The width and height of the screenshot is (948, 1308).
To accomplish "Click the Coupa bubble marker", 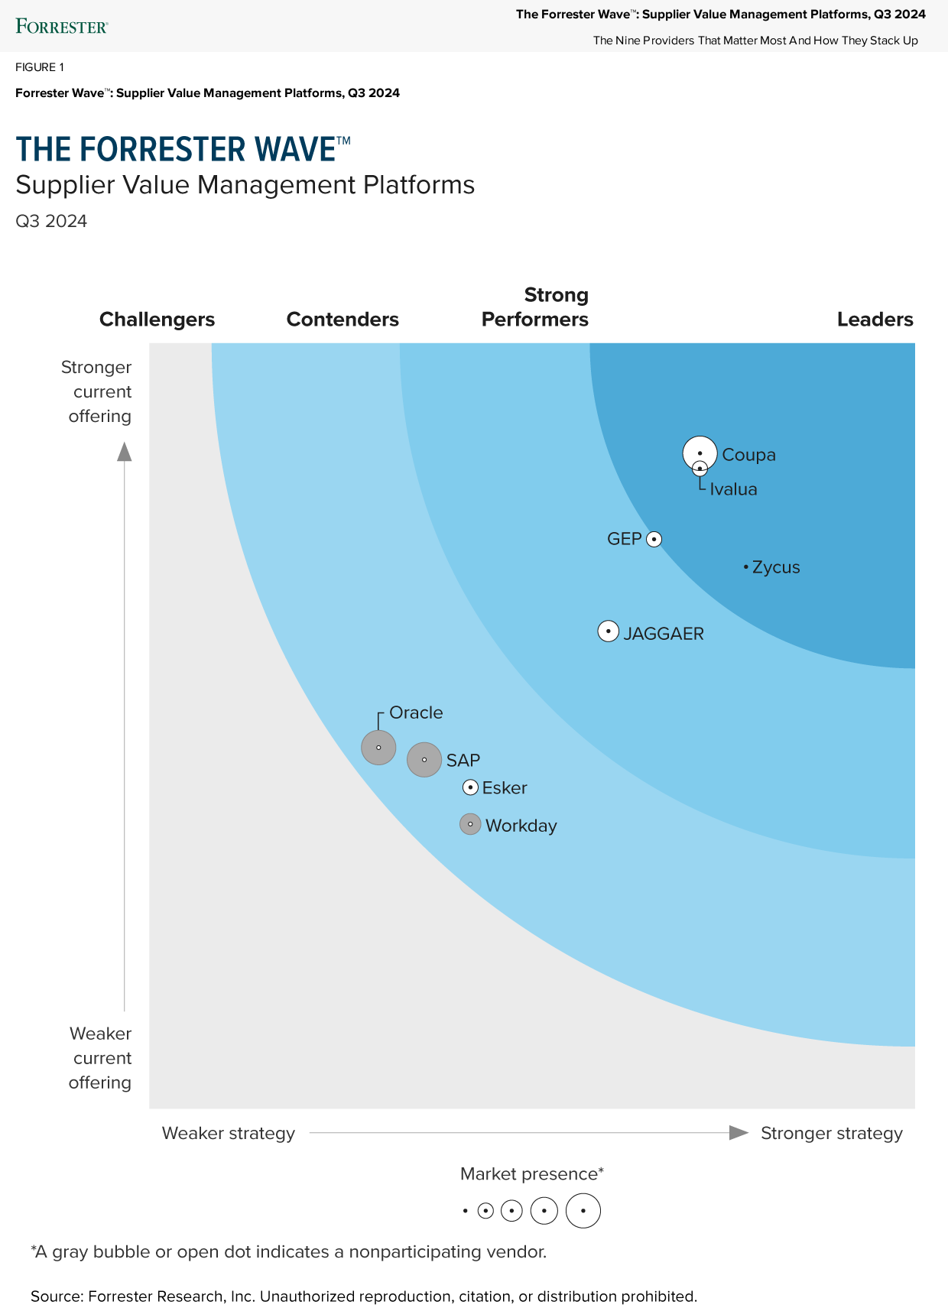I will [x=700, y=452].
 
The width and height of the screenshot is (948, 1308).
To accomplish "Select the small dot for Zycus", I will [x=745, y=567].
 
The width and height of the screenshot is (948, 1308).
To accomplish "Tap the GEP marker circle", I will [x=654, y=540].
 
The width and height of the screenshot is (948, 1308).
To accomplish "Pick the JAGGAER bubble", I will [x=608, y=631].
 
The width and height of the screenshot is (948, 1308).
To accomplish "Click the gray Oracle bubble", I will [x=378, y=747].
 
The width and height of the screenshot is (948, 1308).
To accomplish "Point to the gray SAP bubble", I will [x=424, y=760].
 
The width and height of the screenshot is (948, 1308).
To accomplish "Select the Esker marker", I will [x=471, y=787].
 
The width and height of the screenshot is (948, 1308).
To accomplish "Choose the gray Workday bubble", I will [x=470, y=824].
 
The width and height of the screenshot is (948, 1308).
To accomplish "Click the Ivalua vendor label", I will [x=733, y=489].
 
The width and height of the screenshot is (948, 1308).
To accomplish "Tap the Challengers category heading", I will [x=157, y=320].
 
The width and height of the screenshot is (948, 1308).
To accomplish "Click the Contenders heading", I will [x=343, y=320].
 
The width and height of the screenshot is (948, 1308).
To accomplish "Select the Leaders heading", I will [x=875, y=320].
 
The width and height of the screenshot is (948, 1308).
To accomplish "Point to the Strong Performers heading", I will [x=535, y=307].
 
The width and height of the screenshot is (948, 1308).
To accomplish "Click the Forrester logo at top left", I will [x=61, y=27].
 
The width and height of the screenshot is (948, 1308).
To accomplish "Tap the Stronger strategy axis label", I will [x=831, y=1133].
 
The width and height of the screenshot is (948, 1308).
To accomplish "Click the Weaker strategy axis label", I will [x=228, y=1133].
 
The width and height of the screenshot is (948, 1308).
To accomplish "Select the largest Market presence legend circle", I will [x=583, y=1211].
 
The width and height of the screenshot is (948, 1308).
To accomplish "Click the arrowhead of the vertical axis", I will [x=125, y=453].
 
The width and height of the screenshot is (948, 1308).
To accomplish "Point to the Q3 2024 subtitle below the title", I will [x=51, y=221].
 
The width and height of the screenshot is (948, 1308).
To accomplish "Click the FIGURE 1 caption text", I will [x=40, y=67].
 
